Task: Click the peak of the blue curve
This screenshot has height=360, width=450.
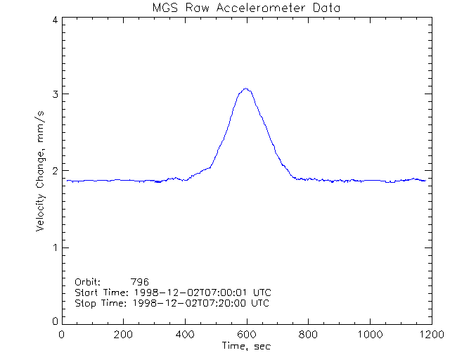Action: pyautogui.click(x=245, y=89)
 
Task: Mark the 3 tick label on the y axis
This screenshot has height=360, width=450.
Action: pyautogui.click(x=55, y=94)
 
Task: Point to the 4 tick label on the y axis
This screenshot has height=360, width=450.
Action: pyautogui.click(x=55, y=20)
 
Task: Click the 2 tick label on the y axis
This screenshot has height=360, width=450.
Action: pyautogui.click(x=55, y=171)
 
